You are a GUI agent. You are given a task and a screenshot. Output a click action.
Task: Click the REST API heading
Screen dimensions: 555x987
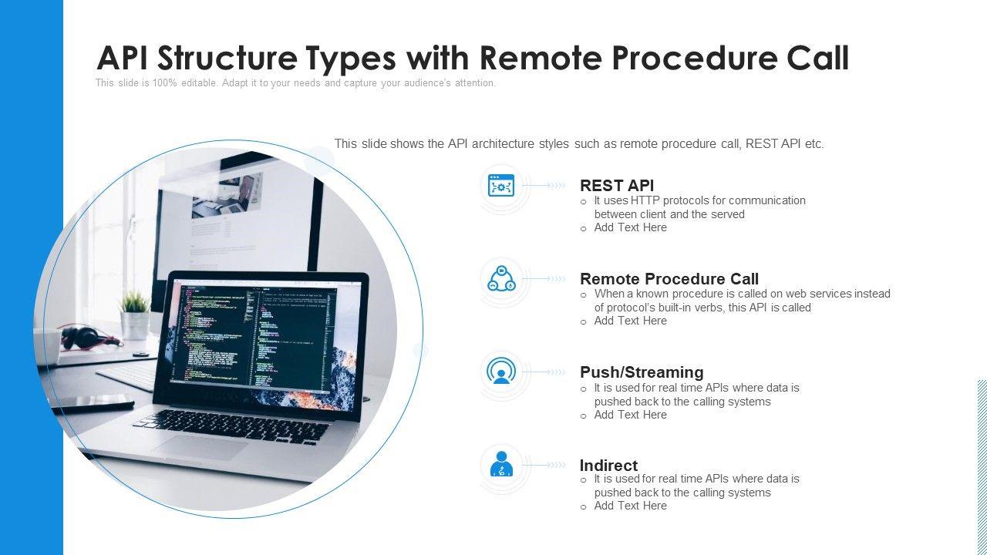pos(616,186)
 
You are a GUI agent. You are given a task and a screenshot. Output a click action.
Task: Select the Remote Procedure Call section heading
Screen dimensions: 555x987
pos(669,279)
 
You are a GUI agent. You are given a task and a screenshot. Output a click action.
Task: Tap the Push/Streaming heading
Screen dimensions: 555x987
pos(641,372)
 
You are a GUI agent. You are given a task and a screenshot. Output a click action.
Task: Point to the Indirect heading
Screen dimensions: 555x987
pos(608,466)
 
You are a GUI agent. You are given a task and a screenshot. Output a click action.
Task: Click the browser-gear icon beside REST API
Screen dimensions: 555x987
pos(501,186)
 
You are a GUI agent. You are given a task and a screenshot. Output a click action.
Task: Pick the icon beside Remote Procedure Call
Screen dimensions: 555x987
pos(501,279)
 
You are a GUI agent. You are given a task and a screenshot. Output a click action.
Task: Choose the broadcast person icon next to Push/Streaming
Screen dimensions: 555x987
pos(501,372)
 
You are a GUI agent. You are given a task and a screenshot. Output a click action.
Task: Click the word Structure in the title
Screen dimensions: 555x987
pos(246,59)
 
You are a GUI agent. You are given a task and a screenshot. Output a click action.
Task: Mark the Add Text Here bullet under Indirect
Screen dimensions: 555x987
pos(630,506)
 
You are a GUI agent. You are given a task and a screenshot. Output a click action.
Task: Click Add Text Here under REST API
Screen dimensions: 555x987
pos(630,227)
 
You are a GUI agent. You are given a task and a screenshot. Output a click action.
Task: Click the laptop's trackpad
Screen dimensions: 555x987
pos(199,447)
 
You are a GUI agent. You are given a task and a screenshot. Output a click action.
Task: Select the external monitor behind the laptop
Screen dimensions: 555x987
pos(239,208)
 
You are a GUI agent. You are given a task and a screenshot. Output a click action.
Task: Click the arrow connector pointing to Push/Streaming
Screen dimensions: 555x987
pos(546,372)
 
